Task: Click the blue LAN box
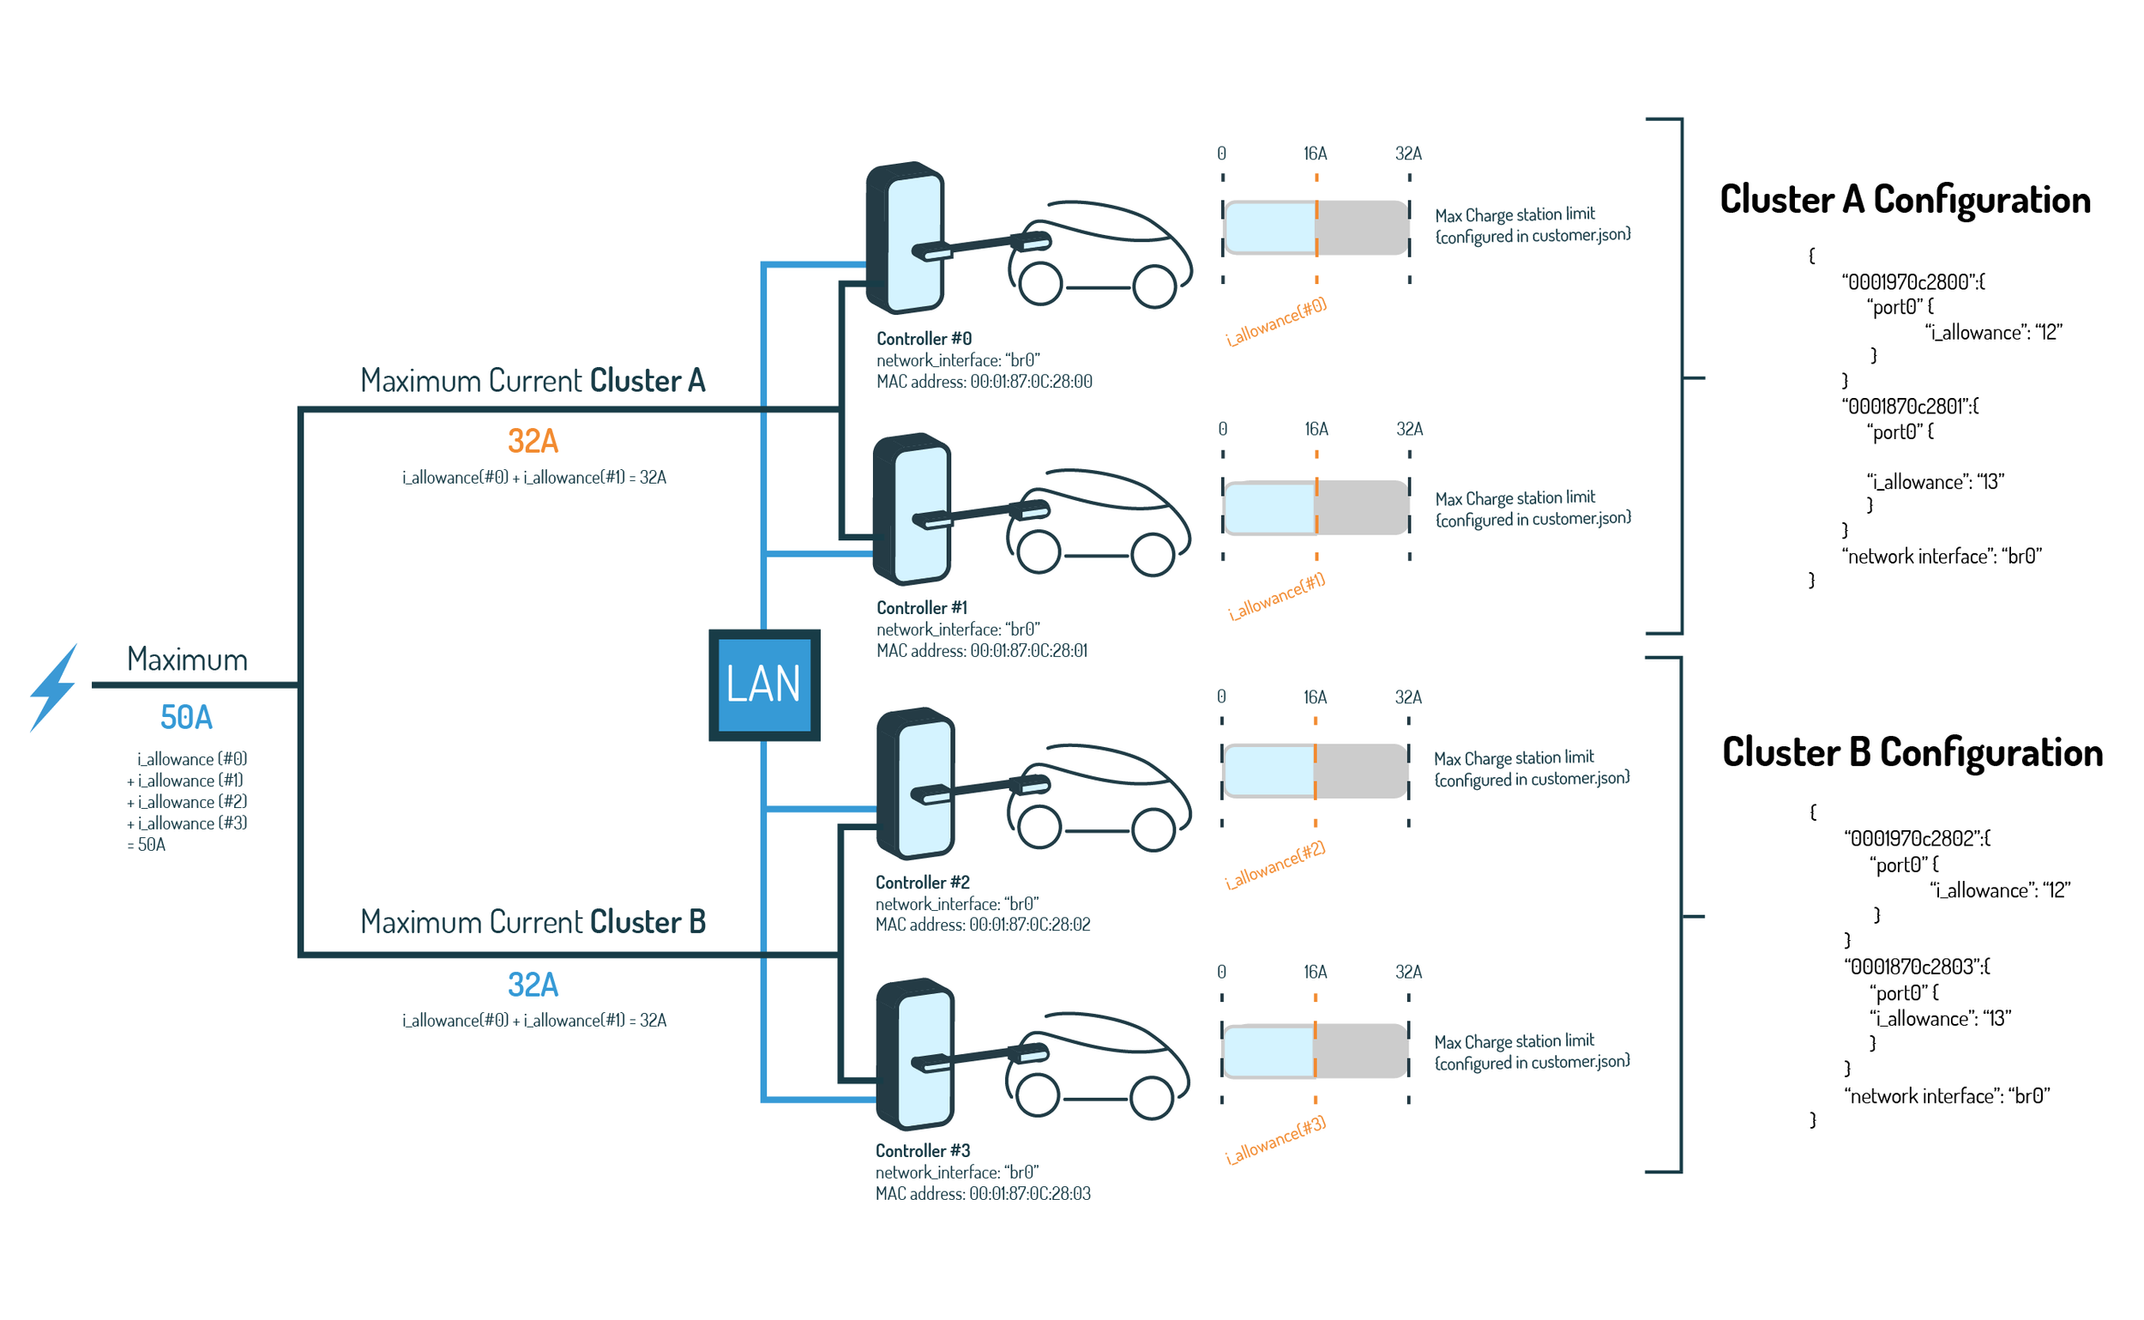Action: click(764, 685)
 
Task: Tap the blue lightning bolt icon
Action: click(54, 689)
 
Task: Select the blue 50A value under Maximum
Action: click(186, 718)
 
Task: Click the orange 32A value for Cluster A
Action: click(533, 441)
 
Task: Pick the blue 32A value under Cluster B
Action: click(533, 985)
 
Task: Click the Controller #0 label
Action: click(924, 339)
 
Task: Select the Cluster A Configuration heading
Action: click(1905, 200)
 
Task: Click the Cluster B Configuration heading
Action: click(1912, 752)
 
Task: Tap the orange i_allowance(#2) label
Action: click(1274, 866)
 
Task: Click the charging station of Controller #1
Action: click(912, 509)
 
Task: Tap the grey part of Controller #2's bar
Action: click(1360, 771)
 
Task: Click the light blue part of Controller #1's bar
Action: click(1269, 507)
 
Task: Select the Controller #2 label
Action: click(923, 883)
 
